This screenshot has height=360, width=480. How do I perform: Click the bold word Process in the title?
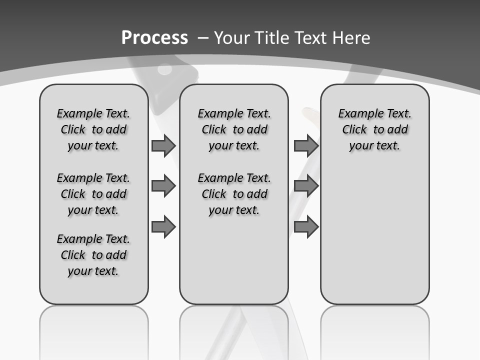tap(154, 38)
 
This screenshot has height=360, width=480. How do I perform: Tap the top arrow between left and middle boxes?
tap(163, 145)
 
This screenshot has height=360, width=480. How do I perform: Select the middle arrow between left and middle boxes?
tap(163, 186)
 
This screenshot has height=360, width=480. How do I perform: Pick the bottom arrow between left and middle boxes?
tap(163, 227)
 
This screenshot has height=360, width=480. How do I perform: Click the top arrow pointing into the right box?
tap(306, 145)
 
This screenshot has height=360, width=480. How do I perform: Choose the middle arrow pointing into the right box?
tap(306, 186)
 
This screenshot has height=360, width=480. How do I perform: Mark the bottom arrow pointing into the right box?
tap(306, 227)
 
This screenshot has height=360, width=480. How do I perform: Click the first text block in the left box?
tap(93, 129)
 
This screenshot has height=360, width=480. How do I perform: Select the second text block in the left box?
tap(93, 194)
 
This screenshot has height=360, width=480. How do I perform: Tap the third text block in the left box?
tap(93, 255)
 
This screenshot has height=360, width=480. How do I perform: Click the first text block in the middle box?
tap(234, 129)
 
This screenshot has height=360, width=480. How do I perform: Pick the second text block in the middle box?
tap(234, 194)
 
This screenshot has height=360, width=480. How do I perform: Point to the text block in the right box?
tap(375, 129)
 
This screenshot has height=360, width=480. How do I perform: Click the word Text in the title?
tap(308, 38)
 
